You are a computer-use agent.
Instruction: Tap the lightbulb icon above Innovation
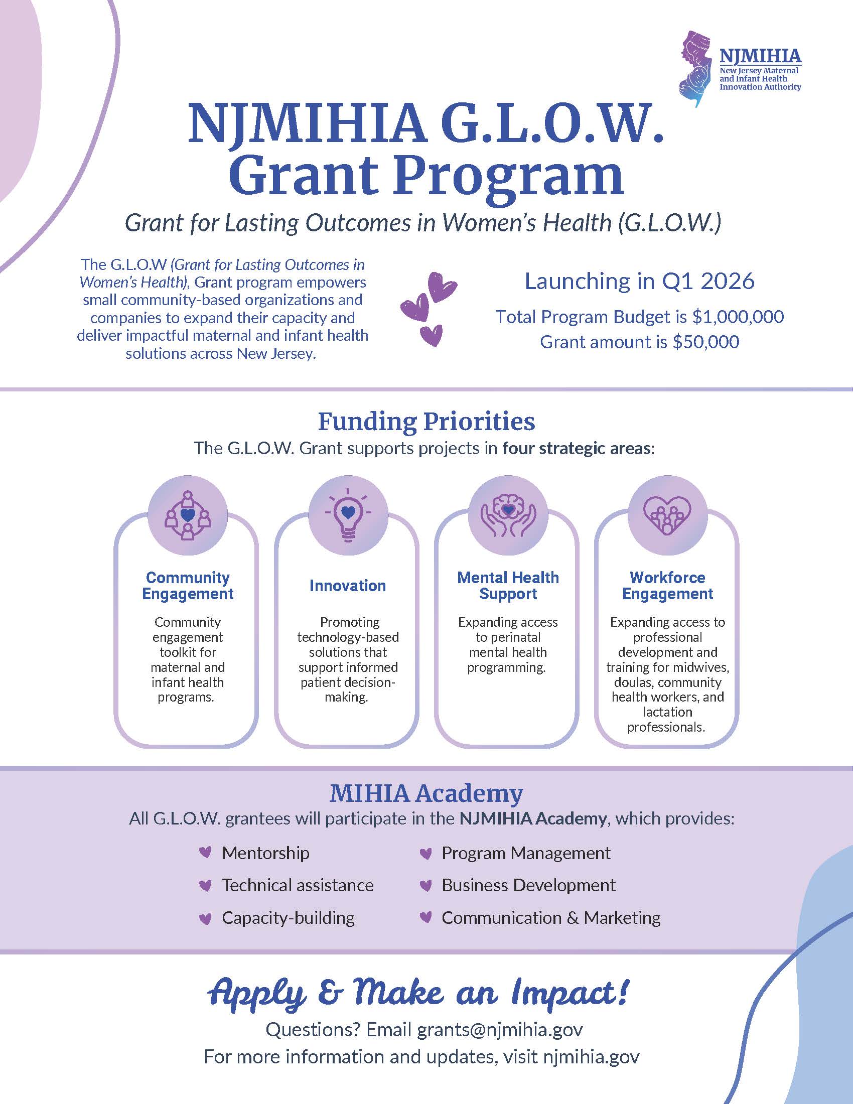(x=348, y=514)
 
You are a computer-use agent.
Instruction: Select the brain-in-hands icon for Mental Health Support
(x=508, y=514)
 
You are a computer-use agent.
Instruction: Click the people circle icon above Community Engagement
(x=188, y=514)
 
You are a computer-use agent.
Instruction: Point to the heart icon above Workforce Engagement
(x=667, y=514)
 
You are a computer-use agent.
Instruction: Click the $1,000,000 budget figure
(x=738, y=317)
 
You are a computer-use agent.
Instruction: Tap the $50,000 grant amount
(x=706, y=342)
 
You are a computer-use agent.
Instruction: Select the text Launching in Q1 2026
(x=639, y=281)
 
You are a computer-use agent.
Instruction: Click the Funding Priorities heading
(x=426, y=422)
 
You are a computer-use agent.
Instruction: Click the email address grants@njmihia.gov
(x=500, y=1030)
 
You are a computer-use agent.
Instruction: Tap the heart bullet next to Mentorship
(x=205, y=853)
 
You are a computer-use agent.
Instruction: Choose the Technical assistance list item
(x=298, y=885)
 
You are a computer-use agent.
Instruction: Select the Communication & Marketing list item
(x=551, y=917)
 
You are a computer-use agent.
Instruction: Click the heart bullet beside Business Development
(x=426, y=885)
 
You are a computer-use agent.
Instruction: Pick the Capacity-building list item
(x=288, y=917)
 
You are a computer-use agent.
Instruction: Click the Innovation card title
(x=348, y=585)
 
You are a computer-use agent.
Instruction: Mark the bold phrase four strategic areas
(x=577, y=448)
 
